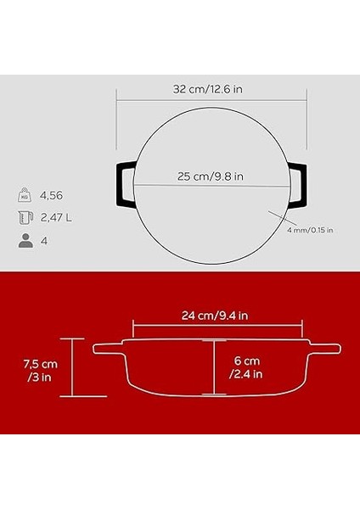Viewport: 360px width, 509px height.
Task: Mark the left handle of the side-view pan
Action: (x=108, y=348)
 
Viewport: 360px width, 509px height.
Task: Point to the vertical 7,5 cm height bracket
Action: (x=72, y=367)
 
